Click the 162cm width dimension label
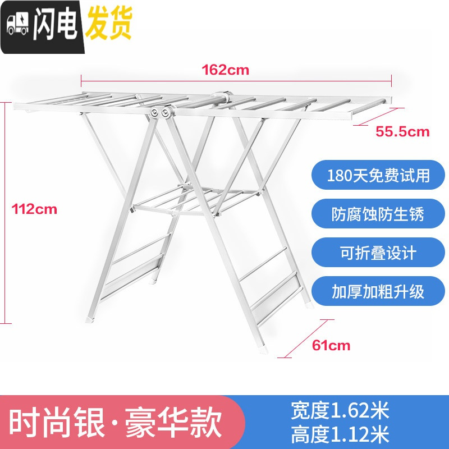(226, 70)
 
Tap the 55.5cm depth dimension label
(402, 132)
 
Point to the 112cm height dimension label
(35, 209)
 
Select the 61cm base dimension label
(331, 345)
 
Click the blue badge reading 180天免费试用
(378, 176)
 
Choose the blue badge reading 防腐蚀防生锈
(378, 214)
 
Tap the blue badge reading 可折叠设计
(378, 253)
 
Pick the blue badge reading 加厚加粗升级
(378, 291)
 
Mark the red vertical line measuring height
(6, 212)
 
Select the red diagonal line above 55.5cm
(378, 116)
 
